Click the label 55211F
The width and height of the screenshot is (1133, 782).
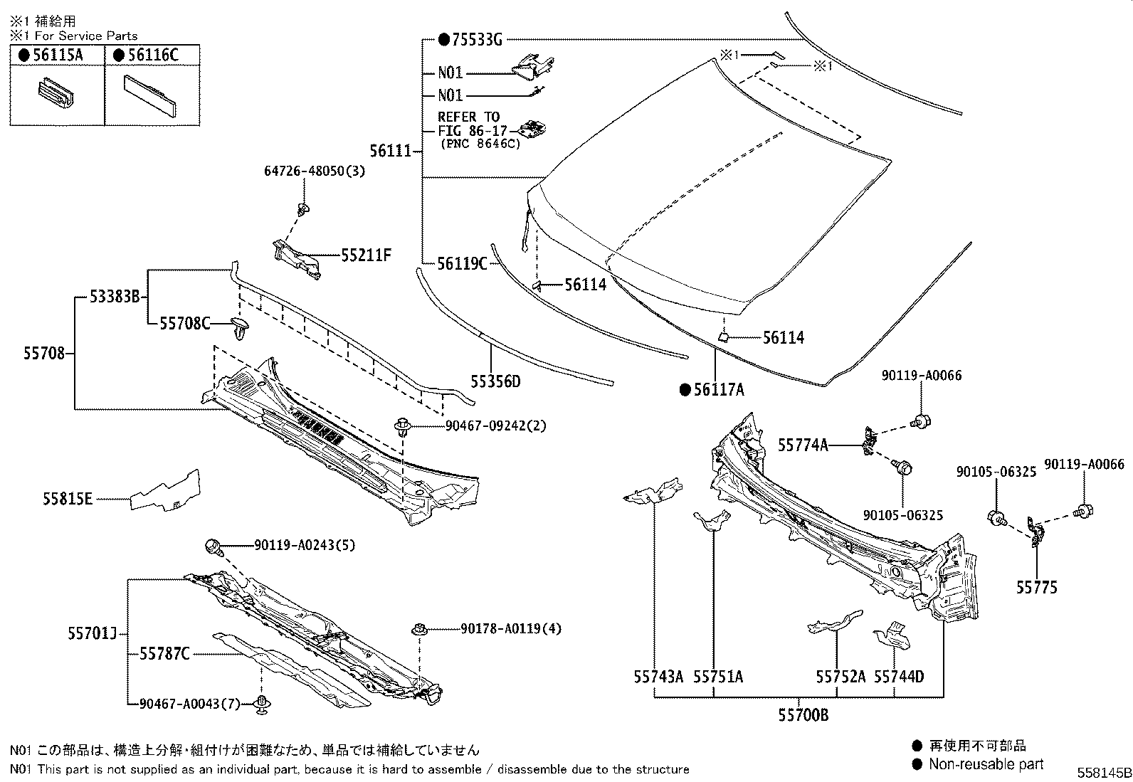pyautogui.click(x=366, y=255)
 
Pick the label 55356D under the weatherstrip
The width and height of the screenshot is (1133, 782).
pyautogui.click(x=495, y=382)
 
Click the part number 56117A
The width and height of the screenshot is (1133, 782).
pyautogui.click(x=719, y=389)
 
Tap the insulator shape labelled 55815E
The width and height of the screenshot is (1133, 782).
pyautogui.click(x=166, y=491)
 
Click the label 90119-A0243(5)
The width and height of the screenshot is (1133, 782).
pyautogui.click(x=305, y=545)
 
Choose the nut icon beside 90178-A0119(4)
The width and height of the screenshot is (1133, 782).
pyautogui.click(x=419, y=629)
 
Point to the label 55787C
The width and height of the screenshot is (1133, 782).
pyautogui.click(x=164, y=653)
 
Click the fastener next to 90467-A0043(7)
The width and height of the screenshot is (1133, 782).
pyautogui.click(x=263, y=705)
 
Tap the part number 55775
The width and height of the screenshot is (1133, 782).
pyautogui.click(x=1036, y=587)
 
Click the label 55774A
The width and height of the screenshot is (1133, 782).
pyautogui.click(x=803, y=445)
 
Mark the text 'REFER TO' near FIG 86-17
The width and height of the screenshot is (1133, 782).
pyautogui.click(x=468, y=117)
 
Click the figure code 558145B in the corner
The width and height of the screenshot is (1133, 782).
pyautogui.click(x=1103, y=773)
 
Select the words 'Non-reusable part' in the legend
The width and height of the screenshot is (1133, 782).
pyautogui.click(x=986, y=764)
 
